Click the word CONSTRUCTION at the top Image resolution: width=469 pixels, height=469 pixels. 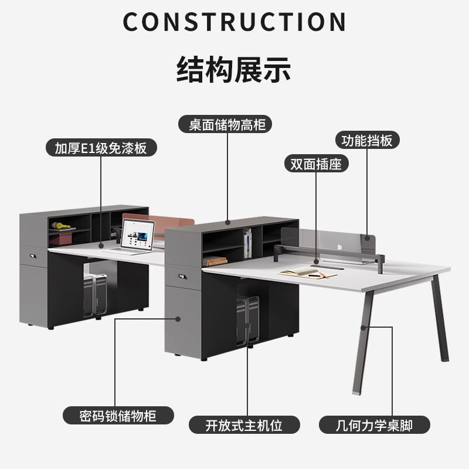[235, 22]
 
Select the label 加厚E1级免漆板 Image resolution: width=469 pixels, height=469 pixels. [100, 148]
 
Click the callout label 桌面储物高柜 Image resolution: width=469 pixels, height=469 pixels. [226, 125]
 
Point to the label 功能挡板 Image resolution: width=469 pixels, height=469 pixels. [367, 141]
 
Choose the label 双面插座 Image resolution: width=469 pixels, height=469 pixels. [315, 164]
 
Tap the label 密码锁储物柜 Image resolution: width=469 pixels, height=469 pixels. [118, 416]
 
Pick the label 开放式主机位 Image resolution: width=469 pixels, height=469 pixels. [244, 425]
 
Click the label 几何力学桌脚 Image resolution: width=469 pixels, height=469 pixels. [375, 425]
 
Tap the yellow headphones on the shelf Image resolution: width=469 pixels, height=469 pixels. [59, 225]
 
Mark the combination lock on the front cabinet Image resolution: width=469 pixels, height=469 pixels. [180, 274]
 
